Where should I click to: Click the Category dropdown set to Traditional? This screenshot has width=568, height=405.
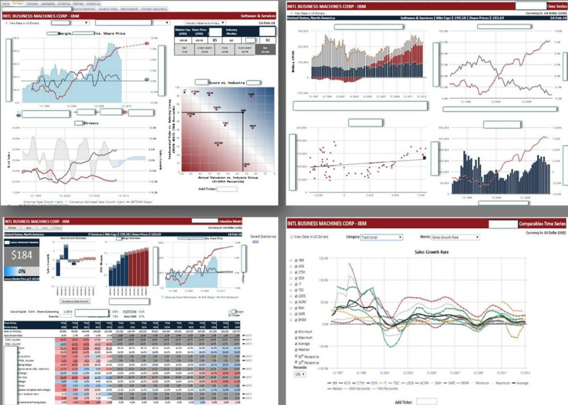click(x=382, y=237)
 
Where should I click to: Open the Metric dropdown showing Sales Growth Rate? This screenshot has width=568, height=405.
click(x=454, y=237)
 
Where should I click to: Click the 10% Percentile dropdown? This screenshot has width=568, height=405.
click(x=299, y=374)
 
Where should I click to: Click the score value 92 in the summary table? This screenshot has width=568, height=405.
click(x=266, y=41)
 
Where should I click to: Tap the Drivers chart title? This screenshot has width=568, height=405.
click(x=90, y=123)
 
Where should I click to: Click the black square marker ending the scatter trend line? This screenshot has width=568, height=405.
click(x=424, y=158)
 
